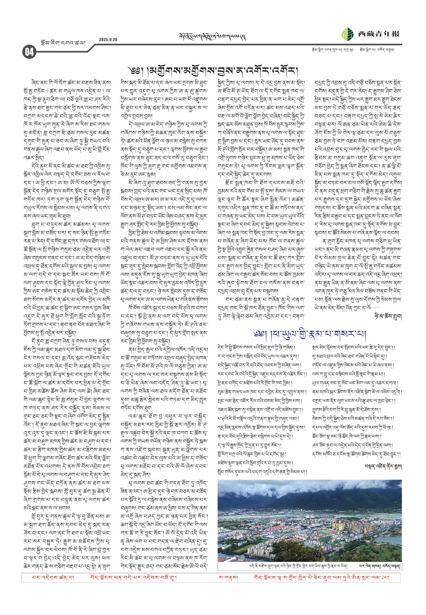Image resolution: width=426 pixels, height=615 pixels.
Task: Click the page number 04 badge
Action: (x=29, y=52)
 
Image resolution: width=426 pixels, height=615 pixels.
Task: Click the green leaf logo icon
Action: (x=347, y=34)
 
